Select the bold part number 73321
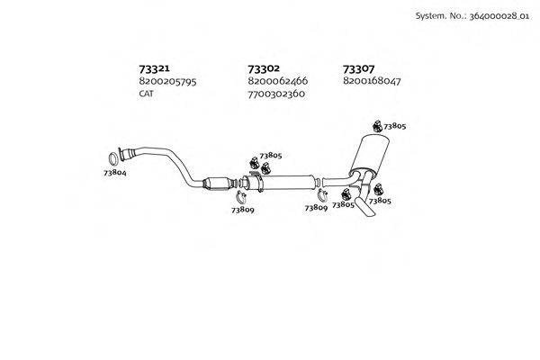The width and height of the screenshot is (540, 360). point(156,68)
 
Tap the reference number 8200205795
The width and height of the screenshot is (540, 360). point(167,81)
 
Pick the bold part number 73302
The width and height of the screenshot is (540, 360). point(263,68)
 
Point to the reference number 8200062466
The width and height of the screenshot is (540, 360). point(276,81)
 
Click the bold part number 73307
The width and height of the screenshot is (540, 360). point(359,68)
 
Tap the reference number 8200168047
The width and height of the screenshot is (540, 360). point(372,81)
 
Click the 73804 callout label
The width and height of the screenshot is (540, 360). point(114,171)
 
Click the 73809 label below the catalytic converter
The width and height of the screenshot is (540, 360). point(241,210)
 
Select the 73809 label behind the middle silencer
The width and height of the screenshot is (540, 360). point(315,208)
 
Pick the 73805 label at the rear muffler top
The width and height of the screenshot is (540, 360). point(394,127)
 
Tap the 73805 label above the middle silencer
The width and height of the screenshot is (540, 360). point(270,155)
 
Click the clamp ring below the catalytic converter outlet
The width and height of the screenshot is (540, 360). point(242,197)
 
